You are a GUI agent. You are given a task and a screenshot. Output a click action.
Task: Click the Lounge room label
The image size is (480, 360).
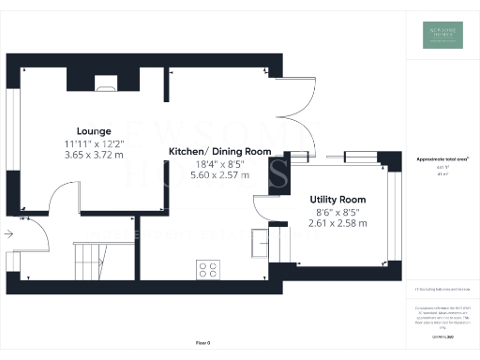coord(95,130)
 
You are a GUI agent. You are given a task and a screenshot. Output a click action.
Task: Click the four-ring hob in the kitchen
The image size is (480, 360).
coord(207,269)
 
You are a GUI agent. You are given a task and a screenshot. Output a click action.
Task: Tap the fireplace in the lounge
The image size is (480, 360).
coord(104,84)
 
